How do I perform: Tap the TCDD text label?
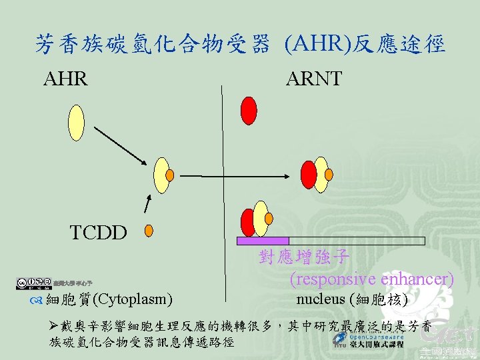99,232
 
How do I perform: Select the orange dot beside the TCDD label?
149,231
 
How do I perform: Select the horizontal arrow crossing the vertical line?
233,176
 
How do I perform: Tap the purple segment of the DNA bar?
263,241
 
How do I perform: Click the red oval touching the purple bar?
248,222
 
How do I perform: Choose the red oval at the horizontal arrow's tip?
309,175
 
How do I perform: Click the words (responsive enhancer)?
372,279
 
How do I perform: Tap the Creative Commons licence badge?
33,283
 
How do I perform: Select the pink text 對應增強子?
303,257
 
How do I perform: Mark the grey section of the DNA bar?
357,241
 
